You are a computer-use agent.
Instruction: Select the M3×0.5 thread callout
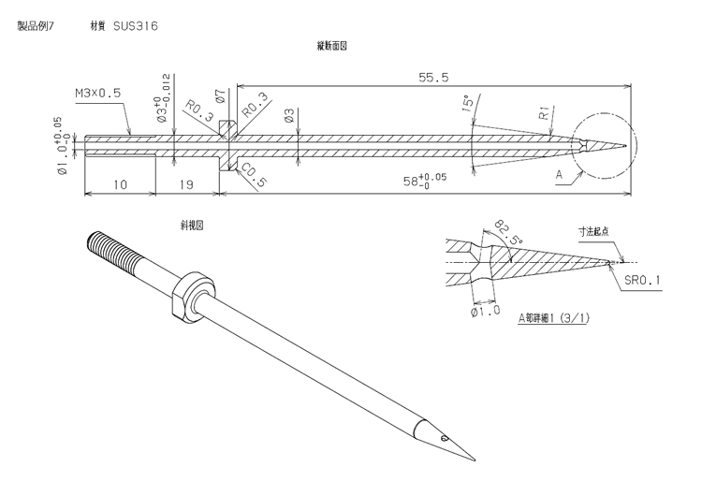tap(98, 94)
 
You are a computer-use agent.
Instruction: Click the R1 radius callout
tap(543, 116)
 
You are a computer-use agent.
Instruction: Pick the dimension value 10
tap(120, 185)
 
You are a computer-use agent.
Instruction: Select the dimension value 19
tap(186, 185)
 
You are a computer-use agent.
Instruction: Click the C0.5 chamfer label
tap(248, 175)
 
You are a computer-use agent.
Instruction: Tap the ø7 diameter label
tap(219, 97)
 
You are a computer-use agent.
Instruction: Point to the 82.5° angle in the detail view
tap(505, 228)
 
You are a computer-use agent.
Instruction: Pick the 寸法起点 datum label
tap(593, 230)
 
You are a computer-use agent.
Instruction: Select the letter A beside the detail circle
tap(559, 175)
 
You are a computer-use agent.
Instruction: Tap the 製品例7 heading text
tap(37, 26)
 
